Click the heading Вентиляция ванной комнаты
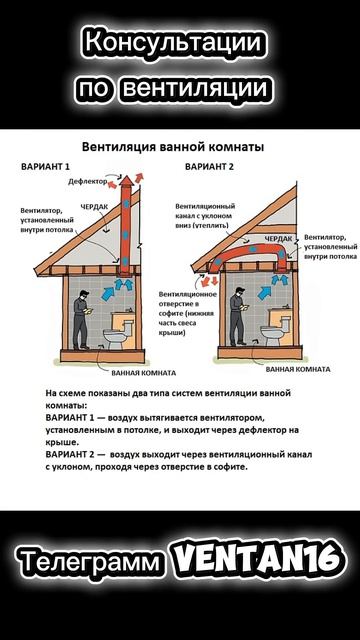173,147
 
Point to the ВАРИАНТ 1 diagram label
45,167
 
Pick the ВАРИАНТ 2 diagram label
209,167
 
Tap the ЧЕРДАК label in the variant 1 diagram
94,207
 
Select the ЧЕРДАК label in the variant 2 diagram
279,238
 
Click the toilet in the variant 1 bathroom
119,333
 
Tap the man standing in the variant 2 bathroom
238,316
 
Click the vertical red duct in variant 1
126,229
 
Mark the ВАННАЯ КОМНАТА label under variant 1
144,373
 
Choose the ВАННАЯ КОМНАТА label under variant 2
298,369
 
